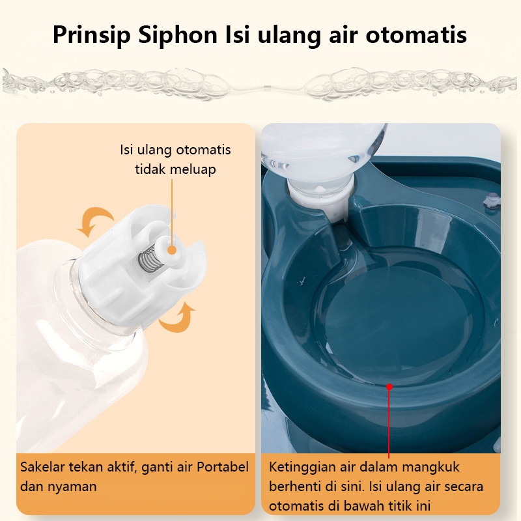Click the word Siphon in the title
point(178,35)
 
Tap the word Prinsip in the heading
point(92,35)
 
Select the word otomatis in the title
point(416,35)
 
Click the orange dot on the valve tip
point(171,250)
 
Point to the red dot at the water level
point(389,387)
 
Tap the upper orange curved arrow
point(95,221)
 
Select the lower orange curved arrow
point(176,317)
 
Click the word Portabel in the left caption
point(222,467)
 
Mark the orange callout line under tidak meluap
point(172,212)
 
